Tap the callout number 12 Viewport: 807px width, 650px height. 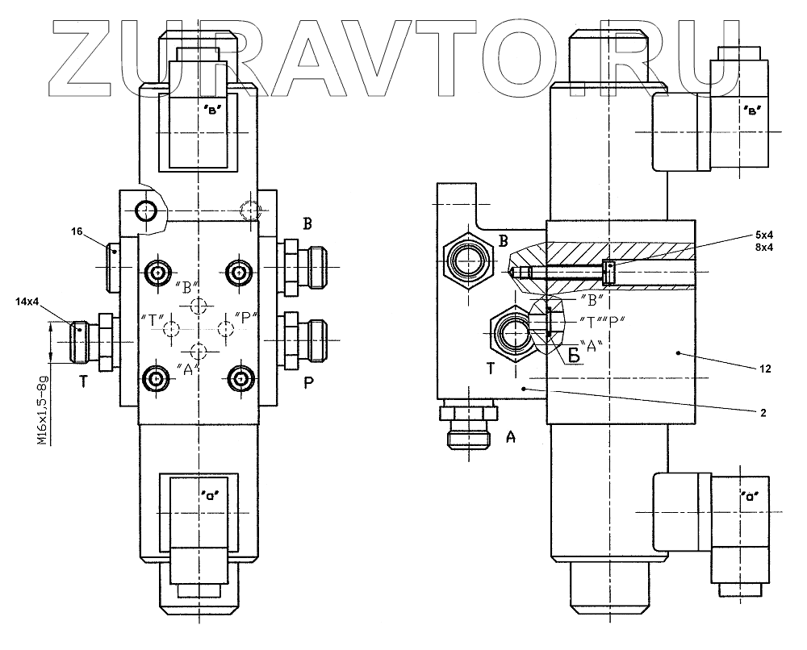(766, 370)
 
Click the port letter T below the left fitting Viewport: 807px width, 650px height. (82, 383)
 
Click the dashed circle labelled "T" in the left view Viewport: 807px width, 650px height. (170, 327)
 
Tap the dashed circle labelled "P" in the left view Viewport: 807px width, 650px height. (226, 327)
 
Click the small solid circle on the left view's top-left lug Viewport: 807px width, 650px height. (146, 210)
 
